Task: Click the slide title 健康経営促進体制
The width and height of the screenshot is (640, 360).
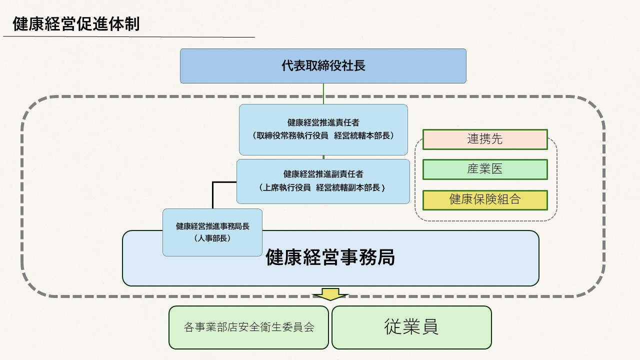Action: [76, 24]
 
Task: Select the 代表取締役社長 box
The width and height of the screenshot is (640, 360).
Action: [323, 65]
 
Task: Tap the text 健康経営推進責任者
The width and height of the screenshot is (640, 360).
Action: [323, 122]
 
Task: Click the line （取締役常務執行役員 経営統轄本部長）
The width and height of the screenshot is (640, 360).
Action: [323, 136]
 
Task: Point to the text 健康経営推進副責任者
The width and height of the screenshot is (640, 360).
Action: [323, 174]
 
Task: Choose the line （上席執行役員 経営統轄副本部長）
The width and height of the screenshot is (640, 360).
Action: [323, 188]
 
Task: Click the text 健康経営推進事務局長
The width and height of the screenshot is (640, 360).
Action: [212, 226]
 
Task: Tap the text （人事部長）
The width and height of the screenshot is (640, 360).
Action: [212, 238]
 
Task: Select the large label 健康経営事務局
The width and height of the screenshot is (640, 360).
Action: [330, 257]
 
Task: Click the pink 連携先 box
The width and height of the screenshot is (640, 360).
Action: [485, 139]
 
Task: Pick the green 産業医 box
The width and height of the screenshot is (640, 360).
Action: [485, 169]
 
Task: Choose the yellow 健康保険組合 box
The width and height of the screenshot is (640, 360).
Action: [485, 199]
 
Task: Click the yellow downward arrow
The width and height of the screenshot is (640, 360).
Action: [330, 294]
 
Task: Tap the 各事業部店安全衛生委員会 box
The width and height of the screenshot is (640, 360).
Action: [248, 327]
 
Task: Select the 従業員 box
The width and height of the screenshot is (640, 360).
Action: [411, 327]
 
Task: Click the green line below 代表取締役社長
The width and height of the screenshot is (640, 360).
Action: [323, 93]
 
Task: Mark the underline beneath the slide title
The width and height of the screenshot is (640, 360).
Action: [128, 37]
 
